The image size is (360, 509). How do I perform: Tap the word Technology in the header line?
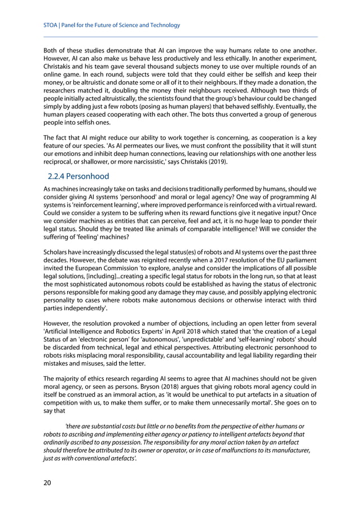coord(163,25)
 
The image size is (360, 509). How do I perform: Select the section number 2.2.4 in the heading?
coord(59,177)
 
